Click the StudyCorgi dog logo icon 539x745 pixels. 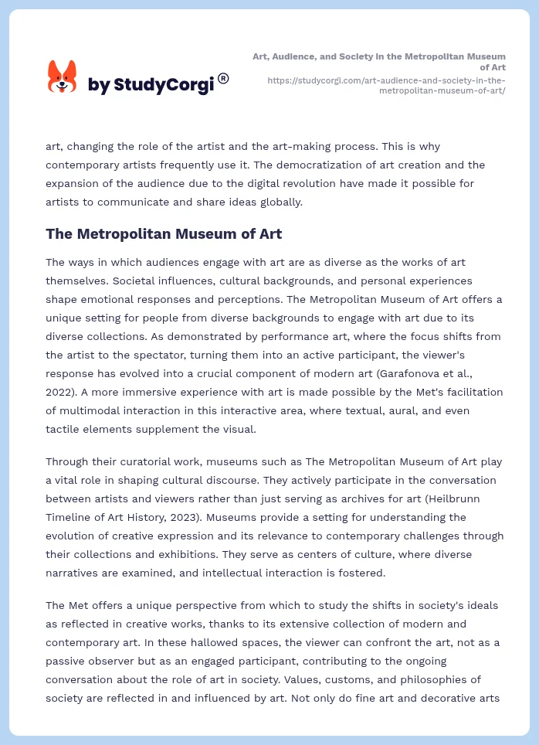pos(63,77)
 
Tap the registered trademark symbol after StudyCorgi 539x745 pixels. pos(223,77)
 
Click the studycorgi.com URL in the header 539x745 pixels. pos(386,85)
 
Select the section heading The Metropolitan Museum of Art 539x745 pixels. pos(164,233)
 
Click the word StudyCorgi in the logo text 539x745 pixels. pos(163,85)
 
